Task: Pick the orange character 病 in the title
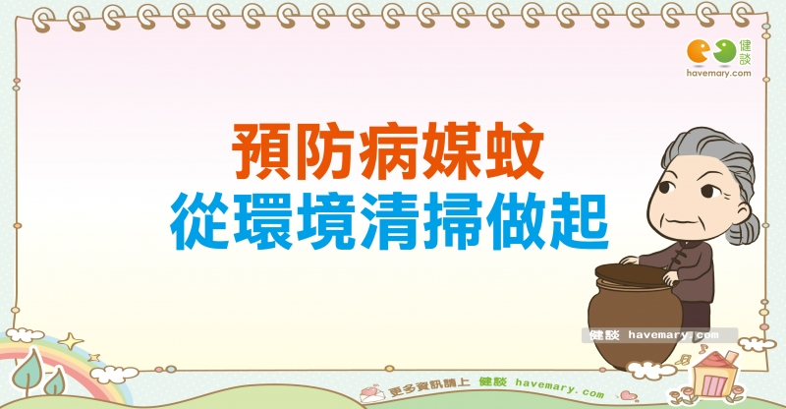(x=387, y=151)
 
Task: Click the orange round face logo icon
(x=699, y=51)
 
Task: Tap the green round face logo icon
(x=725, y=51)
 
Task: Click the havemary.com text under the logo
(x=719, y=74)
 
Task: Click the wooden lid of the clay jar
(x=634, y=275)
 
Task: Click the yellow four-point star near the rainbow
(x=70, y=341)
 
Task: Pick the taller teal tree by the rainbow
(x=28, y=371)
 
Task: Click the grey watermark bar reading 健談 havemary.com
(x=659, y=335)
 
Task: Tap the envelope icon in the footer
(x=372, y=393)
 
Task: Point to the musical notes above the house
(x=692, y=355)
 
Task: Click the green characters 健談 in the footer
(x=493, y=381)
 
